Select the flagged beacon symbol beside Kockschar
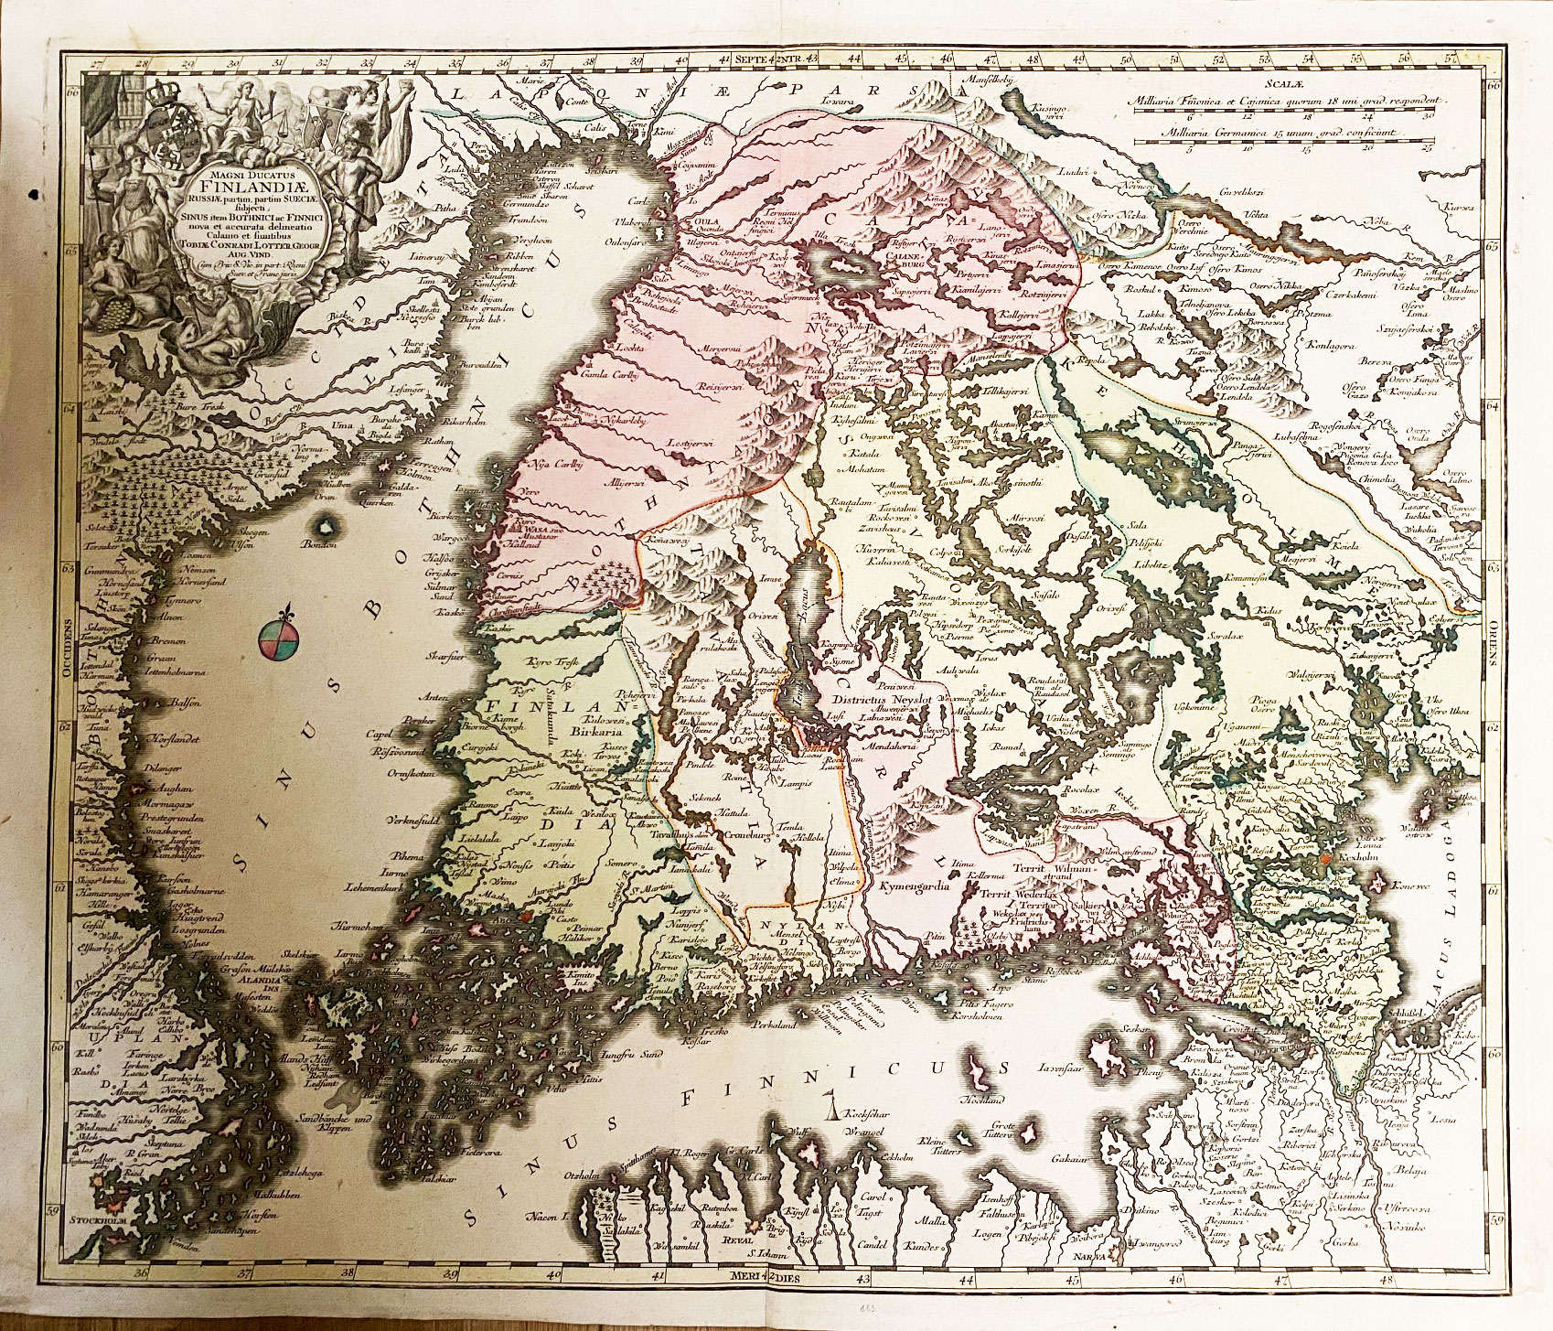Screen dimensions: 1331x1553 point(832,1110)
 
